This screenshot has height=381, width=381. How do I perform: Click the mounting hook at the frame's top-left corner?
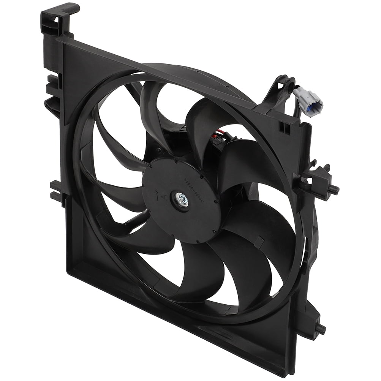tap(57, 19)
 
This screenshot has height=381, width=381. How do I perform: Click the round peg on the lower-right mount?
tap(321, 327)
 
